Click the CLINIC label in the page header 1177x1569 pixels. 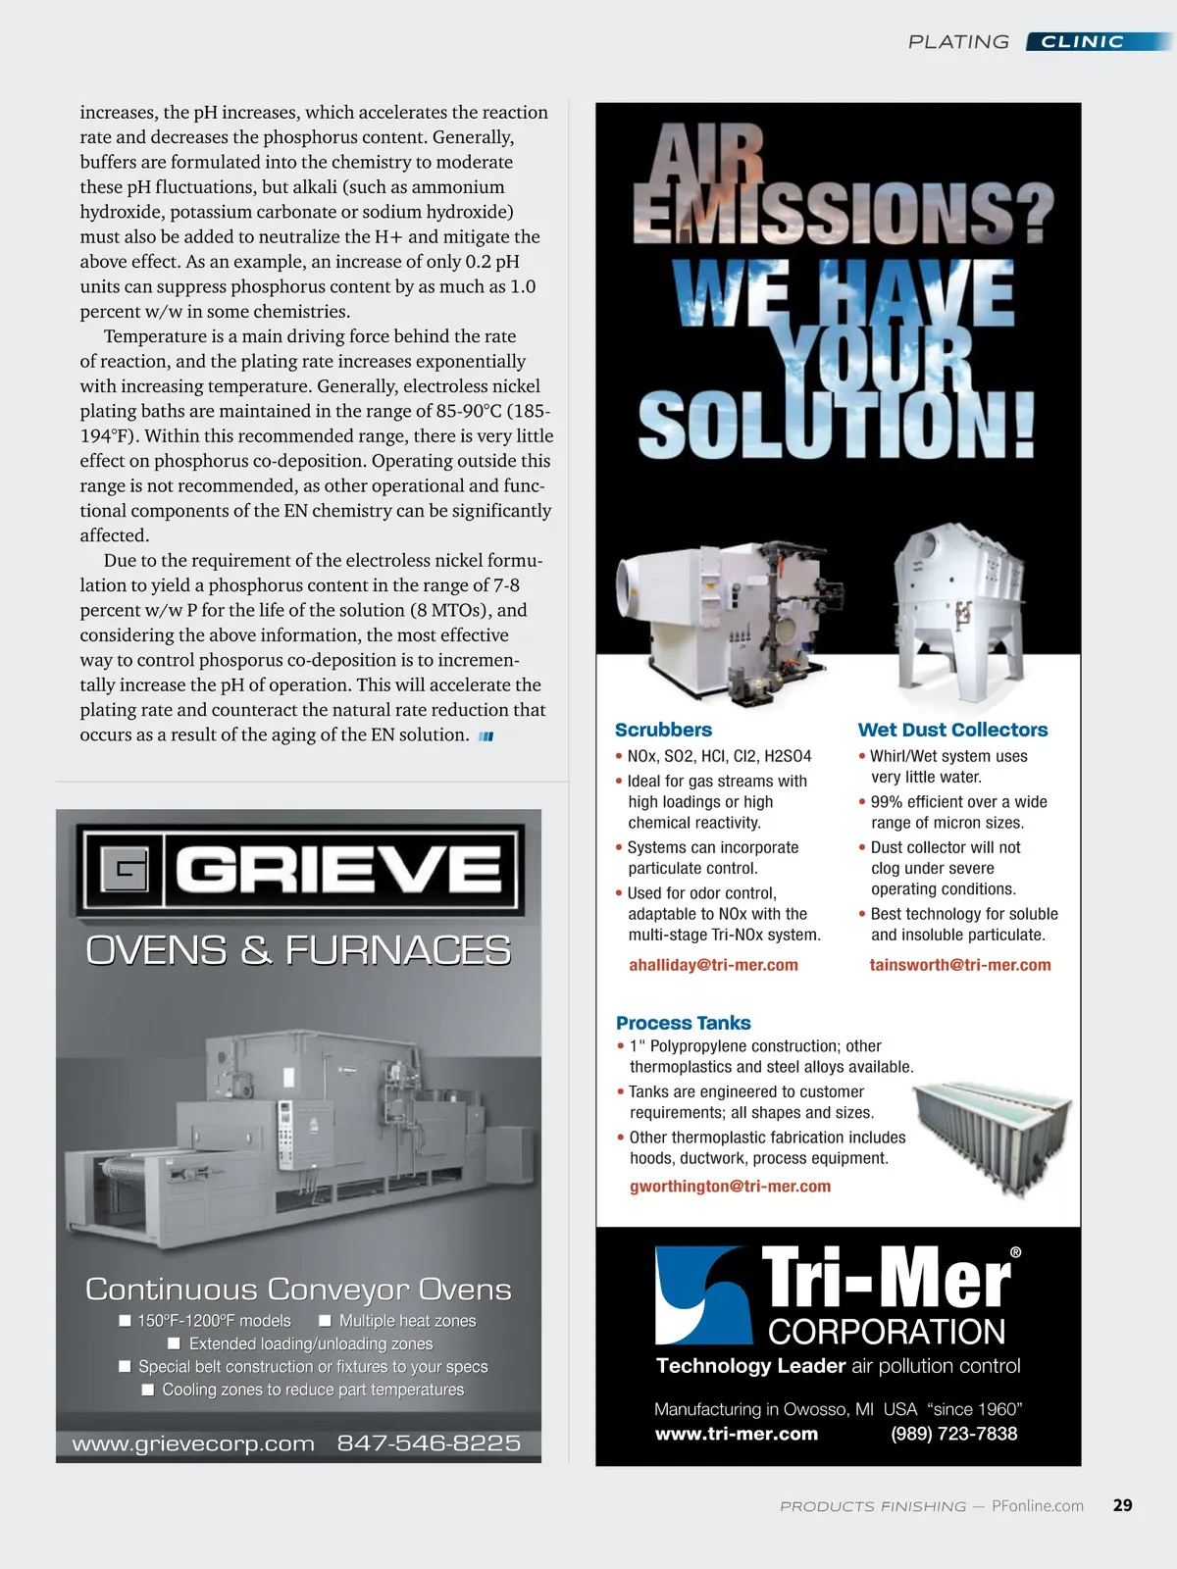pos(1082,41)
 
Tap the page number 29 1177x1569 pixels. pos(1123,1505)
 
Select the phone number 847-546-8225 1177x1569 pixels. pos(429,1443)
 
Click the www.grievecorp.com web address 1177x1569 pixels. pos(193,1443)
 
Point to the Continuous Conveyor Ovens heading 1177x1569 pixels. pos(298,1289)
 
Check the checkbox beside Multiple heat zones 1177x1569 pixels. pos(326,1321)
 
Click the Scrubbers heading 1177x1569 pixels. pos(663,730)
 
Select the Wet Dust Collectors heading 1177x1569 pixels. pos(952,730)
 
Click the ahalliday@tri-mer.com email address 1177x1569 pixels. pos(713,965)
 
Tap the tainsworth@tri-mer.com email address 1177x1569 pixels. pos(959,965)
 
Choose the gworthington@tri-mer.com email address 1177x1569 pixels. pos(730,1186)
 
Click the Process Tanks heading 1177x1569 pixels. pos(683,1023)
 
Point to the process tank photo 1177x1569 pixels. pos(991,1128)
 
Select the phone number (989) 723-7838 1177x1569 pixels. pos(953,1434)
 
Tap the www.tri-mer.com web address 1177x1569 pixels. pos(736,1434)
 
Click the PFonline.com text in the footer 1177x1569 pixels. pos(1038,1506)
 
